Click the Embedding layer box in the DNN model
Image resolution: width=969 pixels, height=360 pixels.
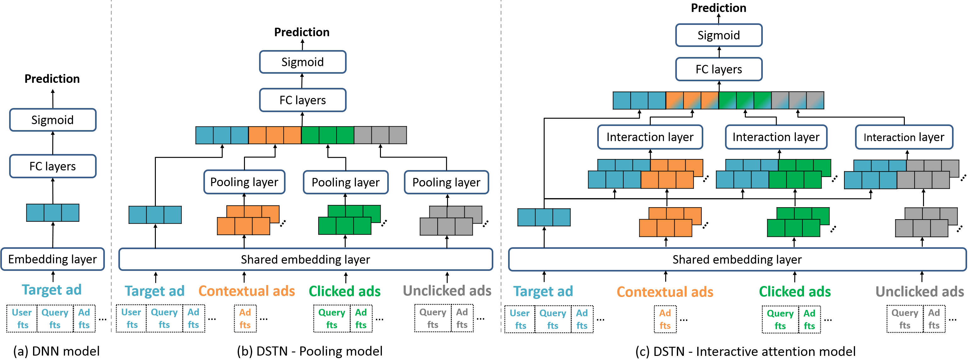53,259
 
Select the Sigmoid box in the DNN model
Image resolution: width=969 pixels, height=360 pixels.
53,120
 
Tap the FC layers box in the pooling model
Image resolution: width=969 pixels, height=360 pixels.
303,100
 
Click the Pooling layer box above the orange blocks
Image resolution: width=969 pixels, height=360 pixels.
244,182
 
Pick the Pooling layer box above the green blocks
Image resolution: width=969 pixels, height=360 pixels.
346,182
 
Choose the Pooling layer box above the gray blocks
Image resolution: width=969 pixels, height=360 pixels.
446,182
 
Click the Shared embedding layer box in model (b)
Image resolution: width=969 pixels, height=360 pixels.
306,259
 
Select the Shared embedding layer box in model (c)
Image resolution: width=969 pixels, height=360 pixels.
737,259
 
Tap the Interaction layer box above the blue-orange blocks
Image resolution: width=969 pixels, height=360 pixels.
650,137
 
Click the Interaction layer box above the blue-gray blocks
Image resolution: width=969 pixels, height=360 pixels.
904,137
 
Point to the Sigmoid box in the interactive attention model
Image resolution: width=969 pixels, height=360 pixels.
719,35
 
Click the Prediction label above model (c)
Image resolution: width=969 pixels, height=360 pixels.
718,8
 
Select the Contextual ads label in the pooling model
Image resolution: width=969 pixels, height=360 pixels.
247,291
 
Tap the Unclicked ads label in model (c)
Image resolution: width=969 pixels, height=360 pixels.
920,292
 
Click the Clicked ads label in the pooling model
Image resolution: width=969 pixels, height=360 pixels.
345,291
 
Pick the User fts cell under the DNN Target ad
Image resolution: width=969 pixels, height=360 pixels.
22,319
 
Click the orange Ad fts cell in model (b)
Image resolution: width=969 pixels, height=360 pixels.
245,319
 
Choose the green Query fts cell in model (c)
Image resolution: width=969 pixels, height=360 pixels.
780,319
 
